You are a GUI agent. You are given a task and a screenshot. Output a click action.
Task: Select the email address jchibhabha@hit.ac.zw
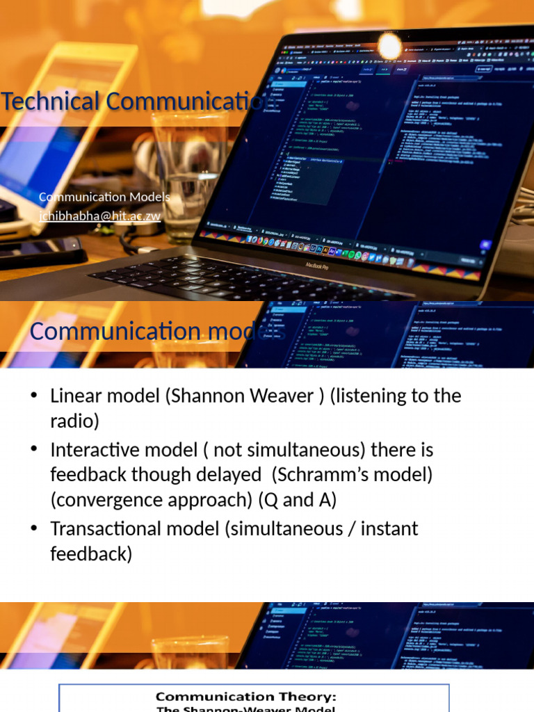pos(99,216)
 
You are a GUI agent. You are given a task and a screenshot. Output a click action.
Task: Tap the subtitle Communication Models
pos(104,197)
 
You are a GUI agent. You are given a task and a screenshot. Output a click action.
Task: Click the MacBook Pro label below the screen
pos(317,265)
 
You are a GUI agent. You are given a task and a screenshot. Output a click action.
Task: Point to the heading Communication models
pos(157,332)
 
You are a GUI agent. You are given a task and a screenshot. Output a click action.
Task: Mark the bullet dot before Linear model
pos(33,396)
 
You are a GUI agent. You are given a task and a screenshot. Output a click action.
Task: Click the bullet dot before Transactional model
pos(33,528)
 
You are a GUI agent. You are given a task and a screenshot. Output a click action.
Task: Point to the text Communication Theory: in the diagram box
pos(245,697)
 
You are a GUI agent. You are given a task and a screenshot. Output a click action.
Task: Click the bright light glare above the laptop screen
pos(389,46)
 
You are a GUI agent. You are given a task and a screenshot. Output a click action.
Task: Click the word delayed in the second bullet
pos(230,475)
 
